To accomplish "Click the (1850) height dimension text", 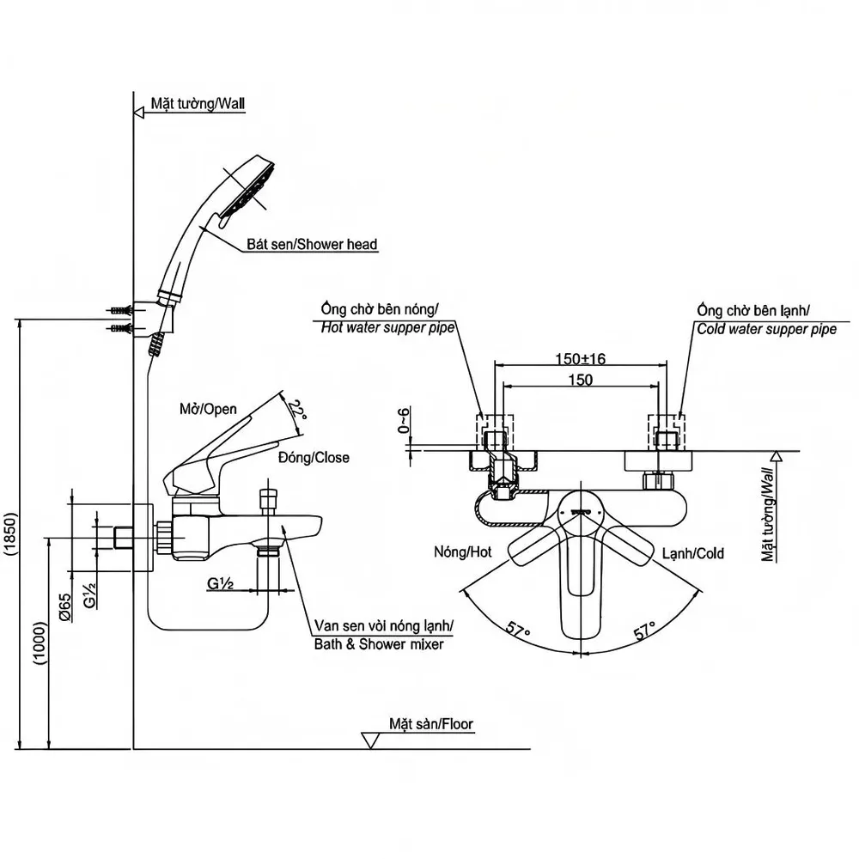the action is (11, 533).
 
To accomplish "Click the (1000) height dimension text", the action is (40, 643).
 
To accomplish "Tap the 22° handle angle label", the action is (297, 410).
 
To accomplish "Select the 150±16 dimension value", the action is (580, 359).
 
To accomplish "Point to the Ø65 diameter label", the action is (64, 607).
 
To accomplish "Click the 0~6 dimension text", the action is (403, 420).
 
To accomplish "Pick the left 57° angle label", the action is (517, 627).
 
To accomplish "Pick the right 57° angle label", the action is (645, 631).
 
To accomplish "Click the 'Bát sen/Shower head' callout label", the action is (312, 244).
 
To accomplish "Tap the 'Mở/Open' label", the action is (208, 409).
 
